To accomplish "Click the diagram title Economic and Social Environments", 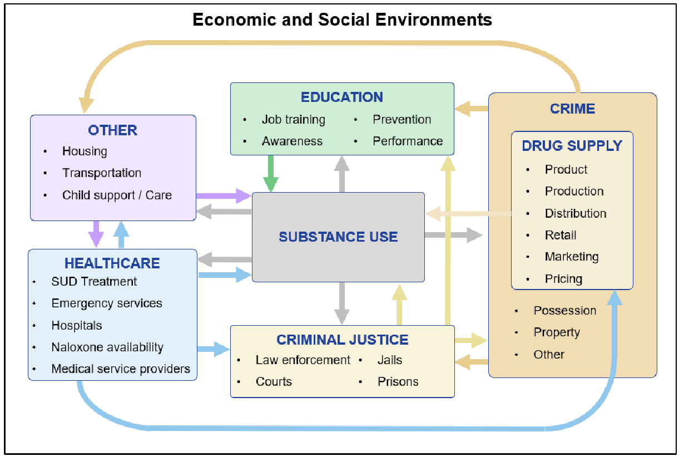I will (342, 20).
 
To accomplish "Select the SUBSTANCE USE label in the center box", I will (338, 237).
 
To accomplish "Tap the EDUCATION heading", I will (342, 97).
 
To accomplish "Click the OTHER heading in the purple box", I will (112, 130).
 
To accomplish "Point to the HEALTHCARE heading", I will (112, 263).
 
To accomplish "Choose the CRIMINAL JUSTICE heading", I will (343, 340).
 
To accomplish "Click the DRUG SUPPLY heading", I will (572, 146).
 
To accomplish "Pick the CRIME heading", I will (572, 109).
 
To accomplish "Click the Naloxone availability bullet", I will (107, 347).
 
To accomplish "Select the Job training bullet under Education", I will (293, 120).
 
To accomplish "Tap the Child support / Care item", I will (117, 195).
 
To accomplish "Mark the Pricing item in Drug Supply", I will (563, 279).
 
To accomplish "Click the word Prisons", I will (398, 382).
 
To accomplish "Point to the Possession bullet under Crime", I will (564, 311).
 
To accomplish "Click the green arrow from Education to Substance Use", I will (271, 173).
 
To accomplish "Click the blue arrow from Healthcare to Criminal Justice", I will (214, 350).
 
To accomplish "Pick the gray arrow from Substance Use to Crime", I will (453, 235).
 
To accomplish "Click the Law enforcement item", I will (303, 360).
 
